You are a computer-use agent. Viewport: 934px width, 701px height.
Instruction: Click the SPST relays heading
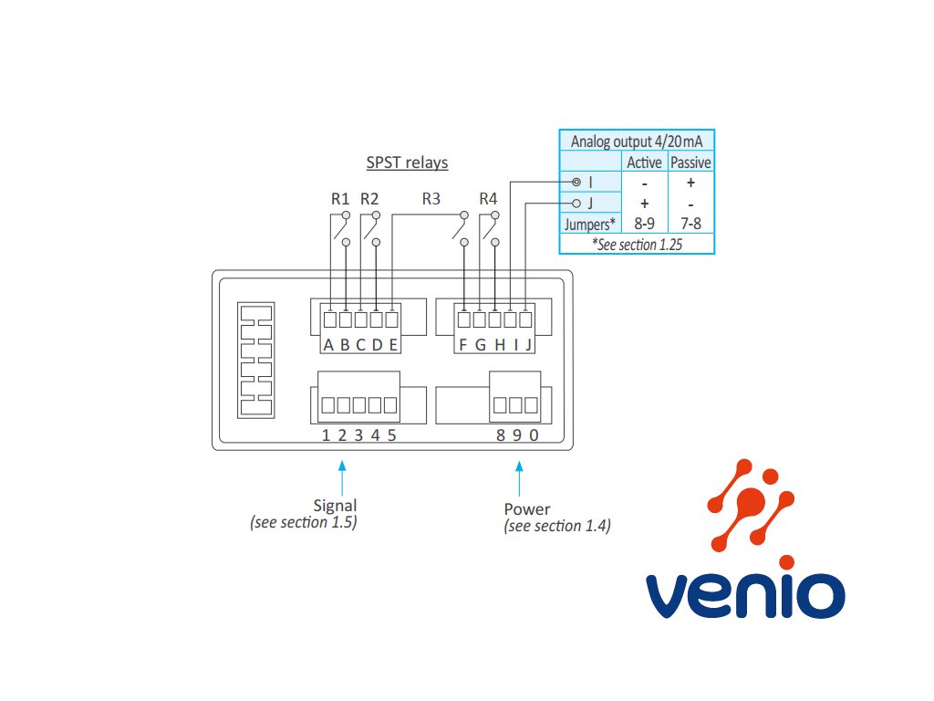(x=407, y=163)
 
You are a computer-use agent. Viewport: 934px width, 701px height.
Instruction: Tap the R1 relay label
(x=340, y=198)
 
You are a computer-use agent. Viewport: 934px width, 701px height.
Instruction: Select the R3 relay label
(x=431, y=198)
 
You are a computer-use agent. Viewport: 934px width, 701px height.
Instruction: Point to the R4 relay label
(x=488, y=198)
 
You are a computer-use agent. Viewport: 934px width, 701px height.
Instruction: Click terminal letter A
(x=328, y=344)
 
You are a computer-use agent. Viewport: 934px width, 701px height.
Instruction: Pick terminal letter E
(x=393, y=344)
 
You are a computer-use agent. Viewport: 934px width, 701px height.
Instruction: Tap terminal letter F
(x=463, y=344)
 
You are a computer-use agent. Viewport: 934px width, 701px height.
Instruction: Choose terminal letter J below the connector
(x=528, y=344)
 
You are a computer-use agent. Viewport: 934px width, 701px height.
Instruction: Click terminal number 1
(x=326, y=434)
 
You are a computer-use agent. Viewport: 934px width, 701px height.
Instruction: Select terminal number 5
(x=391, y=434)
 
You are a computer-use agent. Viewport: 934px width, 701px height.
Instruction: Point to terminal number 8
(x=500, y=434)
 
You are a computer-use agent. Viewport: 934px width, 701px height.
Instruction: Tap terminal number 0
(x=534, y=434)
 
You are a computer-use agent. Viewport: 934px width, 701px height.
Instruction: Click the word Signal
(x=335, y=506)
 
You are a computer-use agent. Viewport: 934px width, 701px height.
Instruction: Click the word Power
(x=527, y=509)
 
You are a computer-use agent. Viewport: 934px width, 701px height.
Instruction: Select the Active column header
(x=645, y=162)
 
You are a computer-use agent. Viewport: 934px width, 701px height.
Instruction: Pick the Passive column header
(x=690, y=162)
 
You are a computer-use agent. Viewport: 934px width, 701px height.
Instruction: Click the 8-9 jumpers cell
(x=645, y=224)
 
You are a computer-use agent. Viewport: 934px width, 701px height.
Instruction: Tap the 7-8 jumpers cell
(x=690, y=224)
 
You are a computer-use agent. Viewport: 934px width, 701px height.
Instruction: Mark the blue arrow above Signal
(x=343, y=476)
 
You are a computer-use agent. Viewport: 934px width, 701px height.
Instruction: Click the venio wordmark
(x=744, y=594)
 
